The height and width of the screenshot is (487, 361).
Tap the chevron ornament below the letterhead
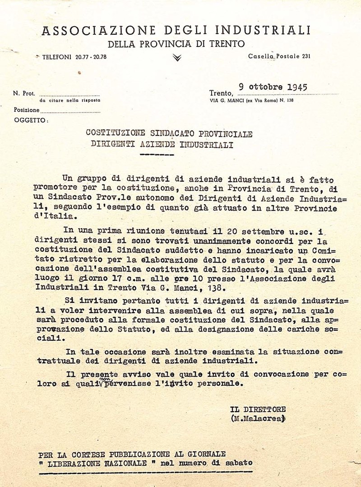click(177, 57)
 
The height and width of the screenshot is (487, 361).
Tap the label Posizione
click(26, 110)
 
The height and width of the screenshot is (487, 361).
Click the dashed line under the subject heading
click(157, 155)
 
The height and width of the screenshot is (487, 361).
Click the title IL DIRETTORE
click(258, 409)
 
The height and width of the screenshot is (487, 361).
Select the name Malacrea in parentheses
click(259, 419)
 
